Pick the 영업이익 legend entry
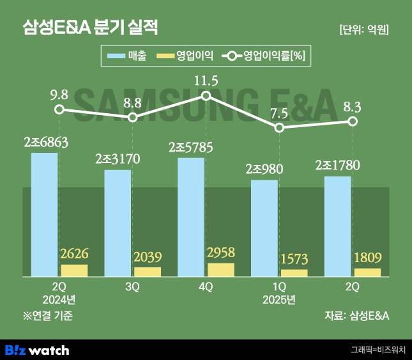pyautogui.click(x=186, y=56)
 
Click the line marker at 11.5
pyautogui.click(x=206, y=96)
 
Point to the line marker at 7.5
pyautogui.click(x=279, y=127)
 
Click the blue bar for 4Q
pyautogui.click(x=191, y=217)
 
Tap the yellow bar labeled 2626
pyautogui.click(x=74, y=270)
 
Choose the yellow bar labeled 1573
pyautogui.click(x=294, y=272)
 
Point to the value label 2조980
pyautogui.click(x=264, y=169)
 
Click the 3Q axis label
pyautogui.click(x=132, y=287)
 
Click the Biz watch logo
pyautogui.click(x=37, y=350)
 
